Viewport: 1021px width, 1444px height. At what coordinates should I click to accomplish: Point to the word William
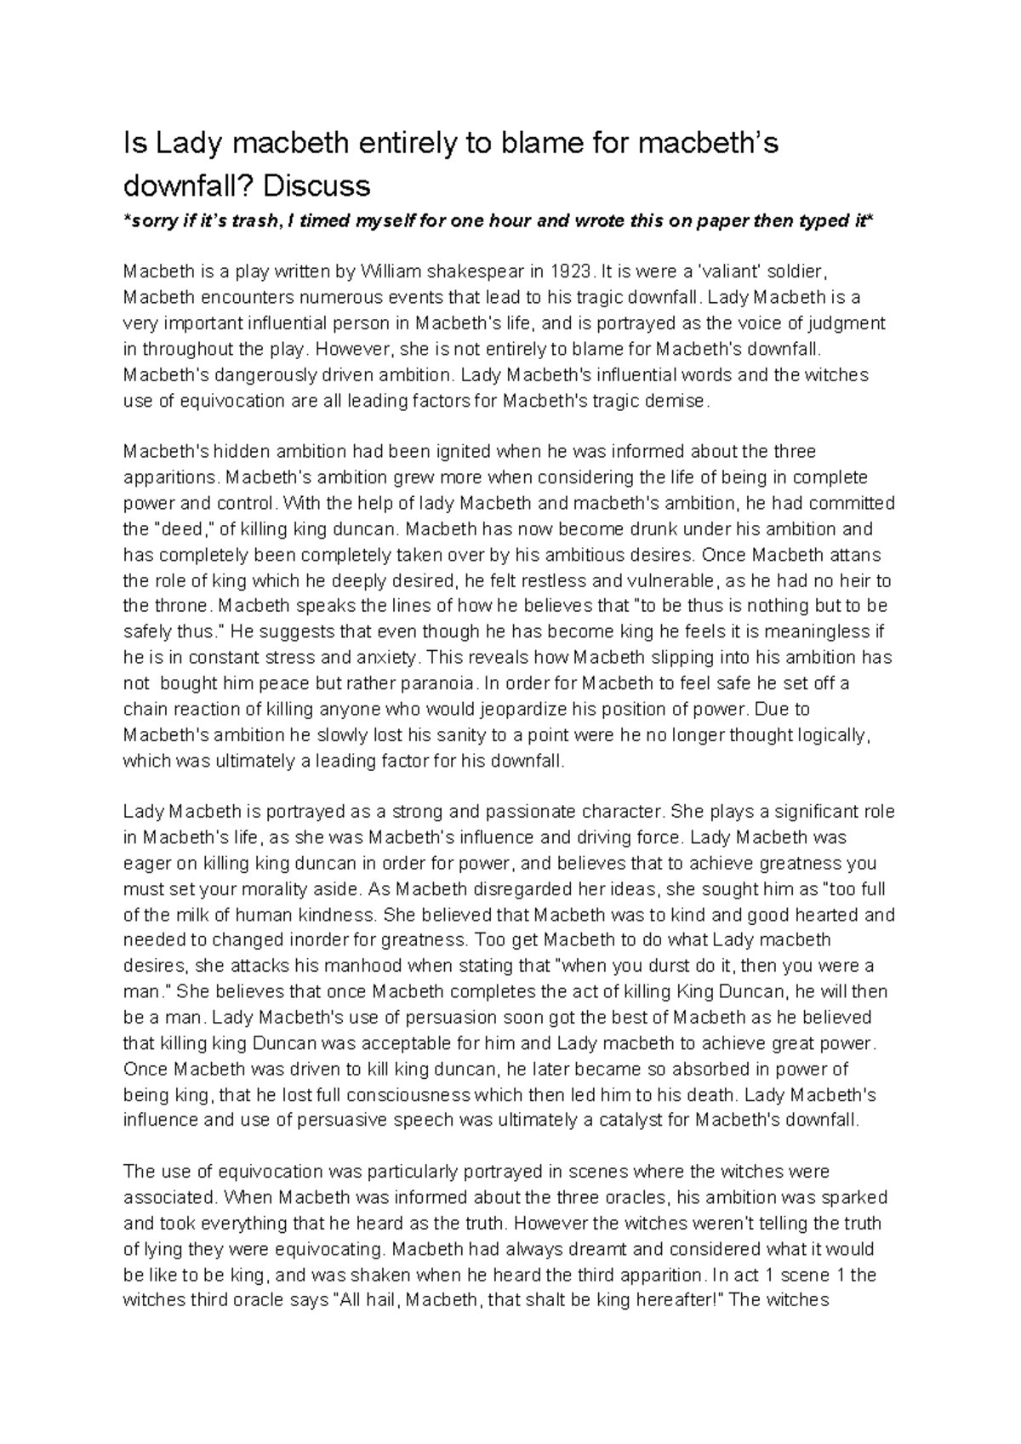[x=392, y=272]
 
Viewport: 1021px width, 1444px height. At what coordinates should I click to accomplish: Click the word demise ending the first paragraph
[x=677, y=401]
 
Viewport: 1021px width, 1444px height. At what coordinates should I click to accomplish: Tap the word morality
[x=288, y=889]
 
